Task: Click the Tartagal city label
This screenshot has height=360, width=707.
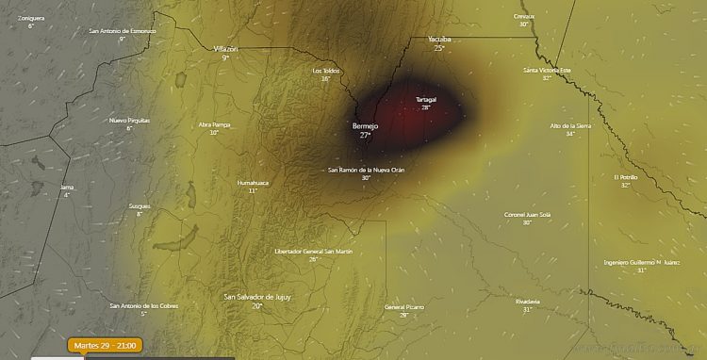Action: pos(426,99)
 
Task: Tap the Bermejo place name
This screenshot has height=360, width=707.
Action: pos(365,125)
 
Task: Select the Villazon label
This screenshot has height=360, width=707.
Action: pos(226,48)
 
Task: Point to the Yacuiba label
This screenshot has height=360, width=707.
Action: pos(439,40)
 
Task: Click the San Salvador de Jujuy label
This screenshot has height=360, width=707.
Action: pos(255,297)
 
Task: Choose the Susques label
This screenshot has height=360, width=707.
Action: pos(140,205)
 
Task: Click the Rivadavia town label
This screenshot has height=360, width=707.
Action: pos(528,301)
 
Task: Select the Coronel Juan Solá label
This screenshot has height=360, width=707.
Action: pos(527,214)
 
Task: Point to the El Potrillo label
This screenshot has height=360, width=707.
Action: pos(626,176)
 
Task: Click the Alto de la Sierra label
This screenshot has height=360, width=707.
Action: pos(570,125)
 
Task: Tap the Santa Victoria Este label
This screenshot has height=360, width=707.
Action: pos(547,70)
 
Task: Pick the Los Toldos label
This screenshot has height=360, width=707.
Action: pos(325,71)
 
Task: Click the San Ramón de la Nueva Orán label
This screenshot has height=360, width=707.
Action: pos(366,170)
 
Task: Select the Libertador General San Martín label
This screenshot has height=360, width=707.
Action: pos(313,252)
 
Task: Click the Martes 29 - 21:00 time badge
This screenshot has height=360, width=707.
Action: pos(106,346)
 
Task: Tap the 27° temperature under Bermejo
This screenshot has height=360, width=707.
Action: pos(365,136)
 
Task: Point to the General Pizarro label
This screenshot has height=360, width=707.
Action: pos(403,307)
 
